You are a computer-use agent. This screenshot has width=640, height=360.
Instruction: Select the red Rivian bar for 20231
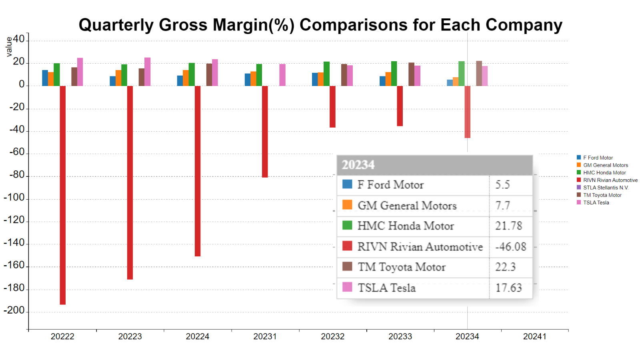pyautogui.click(x=265, y=132)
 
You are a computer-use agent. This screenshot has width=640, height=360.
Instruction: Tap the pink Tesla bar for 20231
pyautogui.click(x=282, y=75)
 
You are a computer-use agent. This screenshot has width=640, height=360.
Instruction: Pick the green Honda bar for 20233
pyautogui.click(x=394, y=74)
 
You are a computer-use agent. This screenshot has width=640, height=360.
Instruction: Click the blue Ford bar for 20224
pyautogui.click(x=180, y=81)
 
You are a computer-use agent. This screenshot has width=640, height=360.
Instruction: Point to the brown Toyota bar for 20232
pyautogui.click(x=344, y=75)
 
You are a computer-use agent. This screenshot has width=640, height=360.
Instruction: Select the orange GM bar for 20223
pyautogui.click(x=118, y=78)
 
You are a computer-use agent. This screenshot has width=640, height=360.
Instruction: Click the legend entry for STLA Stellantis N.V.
pyautogui.click(x=605, y=188)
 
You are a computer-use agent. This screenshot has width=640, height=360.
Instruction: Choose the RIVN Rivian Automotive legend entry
pyautogui.click(x=610, y=180)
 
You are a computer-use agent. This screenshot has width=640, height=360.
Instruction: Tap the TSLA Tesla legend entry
pyautogui.click(x=596, y=203)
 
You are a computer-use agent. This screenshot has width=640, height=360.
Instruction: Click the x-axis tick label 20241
pyautogui.click(x=535, y=336)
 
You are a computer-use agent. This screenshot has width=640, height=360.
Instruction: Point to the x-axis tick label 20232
pyautogui.click(x=332, y=336)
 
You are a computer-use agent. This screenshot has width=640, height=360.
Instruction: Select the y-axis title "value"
pyautogui.click(x=9, y=47)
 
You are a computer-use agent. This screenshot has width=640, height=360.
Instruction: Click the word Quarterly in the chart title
pyautogui.click(x=116, y=25)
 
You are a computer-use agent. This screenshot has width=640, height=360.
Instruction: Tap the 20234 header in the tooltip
pyautogui.click(x=358, y=165)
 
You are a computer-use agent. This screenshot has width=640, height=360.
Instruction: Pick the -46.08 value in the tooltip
pyautogui.click(x=511, y=247)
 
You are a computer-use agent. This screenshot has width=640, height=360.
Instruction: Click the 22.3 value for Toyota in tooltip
pyautogui.click(x=506, y=267)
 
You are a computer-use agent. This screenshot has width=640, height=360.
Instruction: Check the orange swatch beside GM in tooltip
pyautogui.click(x=347, y=205)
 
